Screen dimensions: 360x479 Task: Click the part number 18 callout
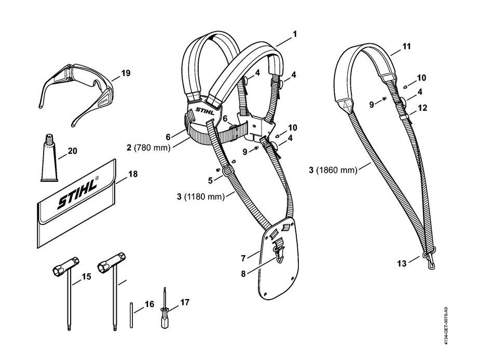click(x=133, y=175)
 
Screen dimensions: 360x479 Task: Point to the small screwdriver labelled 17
click(x=165, y=310)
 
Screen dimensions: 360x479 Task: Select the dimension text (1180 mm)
click(x=204, y=197)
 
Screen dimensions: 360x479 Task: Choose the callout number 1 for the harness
click(x=294, y=34)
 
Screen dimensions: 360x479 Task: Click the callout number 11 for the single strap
click(x=406, y=46)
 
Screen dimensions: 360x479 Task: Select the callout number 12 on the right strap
click(x=422, y=108)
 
